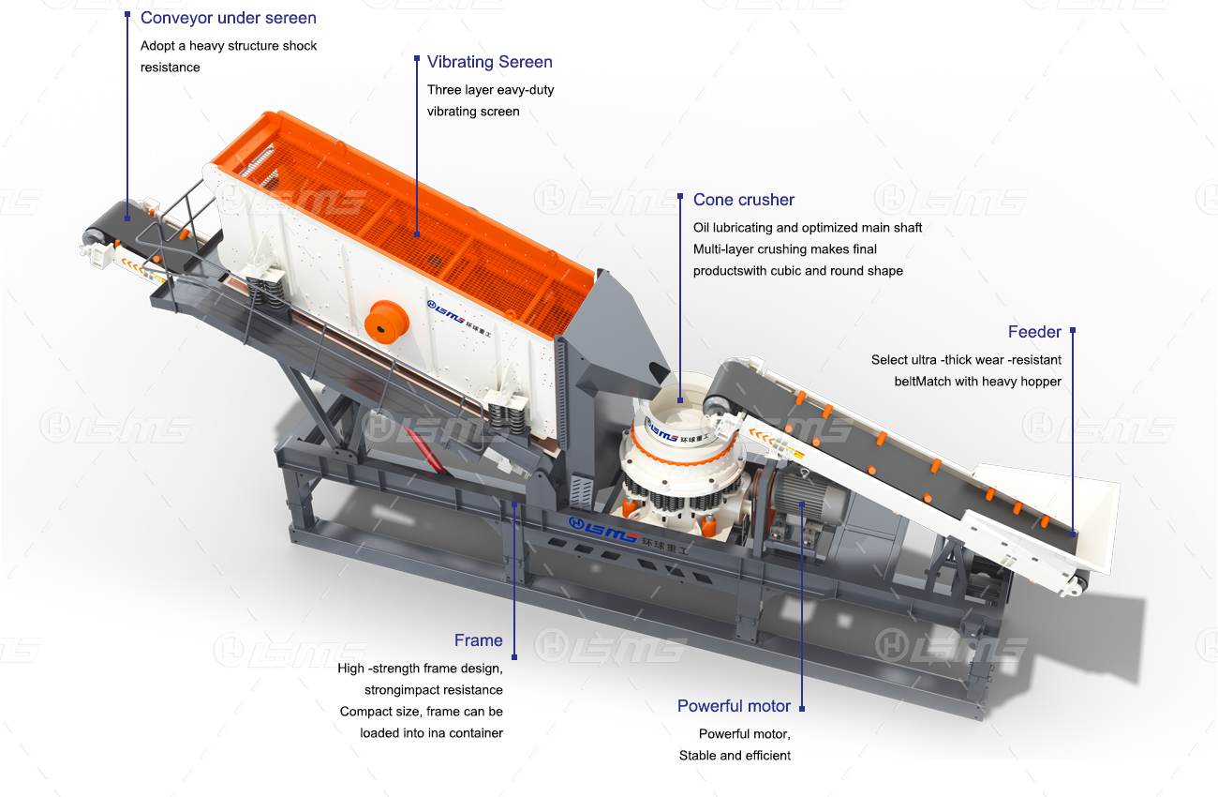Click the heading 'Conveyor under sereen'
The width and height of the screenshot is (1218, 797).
[x=228, y=18]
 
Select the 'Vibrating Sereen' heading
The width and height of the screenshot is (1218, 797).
[x=489, y=62]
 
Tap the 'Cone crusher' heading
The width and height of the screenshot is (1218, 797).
[x=743, y=200]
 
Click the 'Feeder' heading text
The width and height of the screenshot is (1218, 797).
[x=1034, y=332]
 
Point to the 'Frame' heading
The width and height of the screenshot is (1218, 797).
[x=478, y=640]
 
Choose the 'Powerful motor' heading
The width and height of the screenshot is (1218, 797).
[x=734, y=706]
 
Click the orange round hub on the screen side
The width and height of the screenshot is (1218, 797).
[x=386, y=322]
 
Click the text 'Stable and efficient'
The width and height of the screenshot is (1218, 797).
[x=735, y=756]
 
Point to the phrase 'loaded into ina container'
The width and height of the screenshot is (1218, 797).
[x=431, y=733]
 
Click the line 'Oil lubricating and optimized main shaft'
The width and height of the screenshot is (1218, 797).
[x=808, y=228]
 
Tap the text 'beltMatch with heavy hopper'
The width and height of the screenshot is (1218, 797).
[x=977, y=382]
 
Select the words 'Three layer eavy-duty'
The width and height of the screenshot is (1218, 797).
[x=490, y=90]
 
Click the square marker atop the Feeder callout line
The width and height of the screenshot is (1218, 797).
[x=1073, y=330]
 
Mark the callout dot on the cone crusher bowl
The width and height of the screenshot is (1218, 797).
[x=680, y=399]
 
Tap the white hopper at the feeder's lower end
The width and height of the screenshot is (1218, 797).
[x=1049, y=517]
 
